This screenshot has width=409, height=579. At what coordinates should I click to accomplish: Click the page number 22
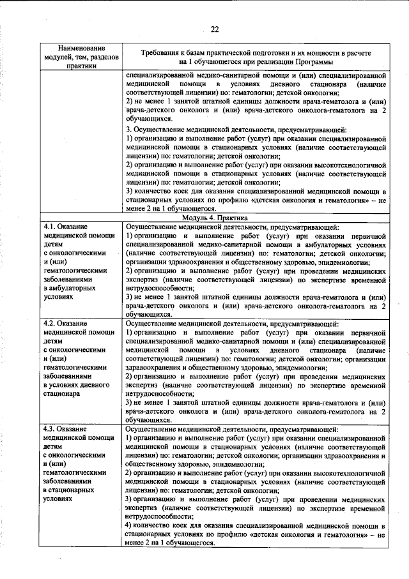point(215,29)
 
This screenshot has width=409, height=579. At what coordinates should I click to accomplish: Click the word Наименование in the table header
point(82,49)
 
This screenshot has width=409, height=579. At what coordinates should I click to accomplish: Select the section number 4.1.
point(50,227)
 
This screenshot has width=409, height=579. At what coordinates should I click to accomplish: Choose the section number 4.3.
point(50,430)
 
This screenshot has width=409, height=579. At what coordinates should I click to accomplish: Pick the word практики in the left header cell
point(81,65)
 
